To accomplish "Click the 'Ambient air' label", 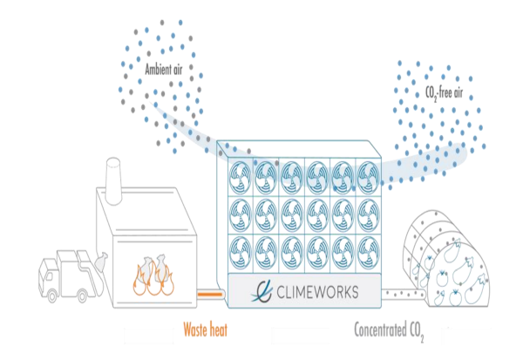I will click(166, 65).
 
